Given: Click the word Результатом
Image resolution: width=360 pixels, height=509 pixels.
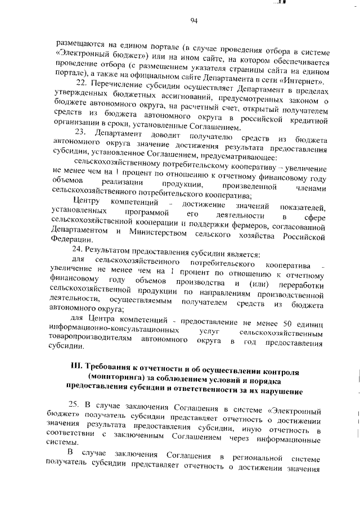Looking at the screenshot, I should (112, 253).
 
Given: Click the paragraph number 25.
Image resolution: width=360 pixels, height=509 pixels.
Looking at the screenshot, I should (74, 406).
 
